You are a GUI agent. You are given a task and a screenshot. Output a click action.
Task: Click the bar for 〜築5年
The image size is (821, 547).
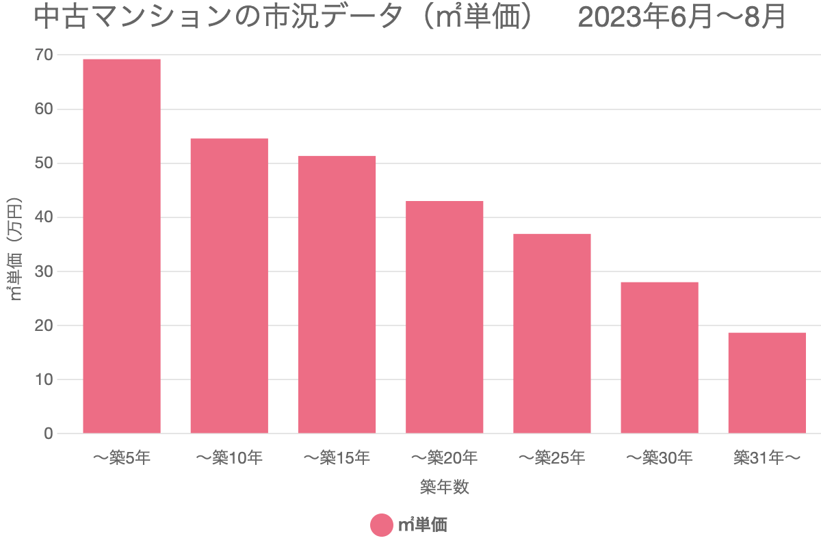coord(122,246)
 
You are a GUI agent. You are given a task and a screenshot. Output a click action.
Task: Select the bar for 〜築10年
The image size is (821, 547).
coord(229,286)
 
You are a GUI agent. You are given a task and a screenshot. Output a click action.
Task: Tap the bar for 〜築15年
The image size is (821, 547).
coord(337,295)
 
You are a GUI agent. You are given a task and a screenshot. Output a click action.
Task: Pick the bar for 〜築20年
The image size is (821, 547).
coord(444,317)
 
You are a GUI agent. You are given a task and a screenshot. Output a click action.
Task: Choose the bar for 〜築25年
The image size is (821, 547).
coord(551,334)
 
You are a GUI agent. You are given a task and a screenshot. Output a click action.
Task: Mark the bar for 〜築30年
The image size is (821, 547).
coord(659,358)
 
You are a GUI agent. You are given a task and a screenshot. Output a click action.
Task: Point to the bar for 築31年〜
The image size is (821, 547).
coord(767,383)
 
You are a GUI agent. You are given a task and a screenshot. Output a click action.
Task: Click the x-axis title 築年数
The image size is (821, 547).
coord(444,487)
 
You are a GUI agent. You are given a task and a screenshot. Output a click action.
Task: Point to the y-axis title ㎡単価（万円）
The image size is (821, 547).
coord(15,250)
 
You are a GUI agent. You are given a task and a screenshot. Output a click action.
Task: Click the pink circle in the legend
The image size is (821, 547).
coord(381,525)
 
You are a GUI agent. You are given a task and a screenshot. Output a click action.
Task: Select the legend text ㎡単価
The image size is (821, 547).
coord(422,525)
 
